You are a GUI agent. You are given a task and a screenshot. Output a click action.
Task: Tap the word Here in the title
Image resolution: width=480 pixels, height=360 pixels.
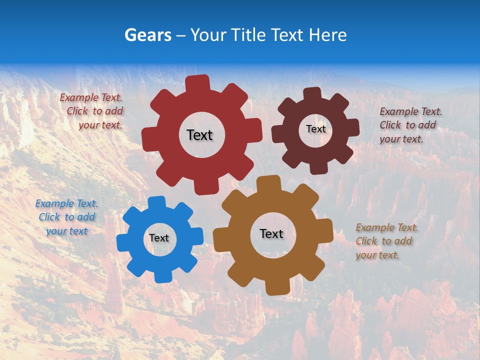click(x=327, y=35)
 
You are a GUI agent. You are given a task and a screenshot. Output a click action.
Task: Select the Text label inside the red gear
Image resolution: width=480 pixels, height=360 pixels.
click(x=199, y=135)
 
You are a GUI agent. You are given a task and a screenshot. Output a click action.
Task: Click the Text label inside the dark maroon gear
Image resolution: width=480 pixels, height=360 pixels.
click(x=315, y=129)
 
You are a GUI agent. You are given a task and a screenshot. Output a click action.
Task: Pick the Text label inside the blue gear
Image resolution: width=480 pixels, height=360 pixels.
click(x=159, y=238)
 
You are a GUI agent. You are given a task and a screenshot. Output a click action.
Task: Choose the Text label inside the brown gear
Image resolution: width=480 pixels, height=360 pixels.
click(x=271, y=233)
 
